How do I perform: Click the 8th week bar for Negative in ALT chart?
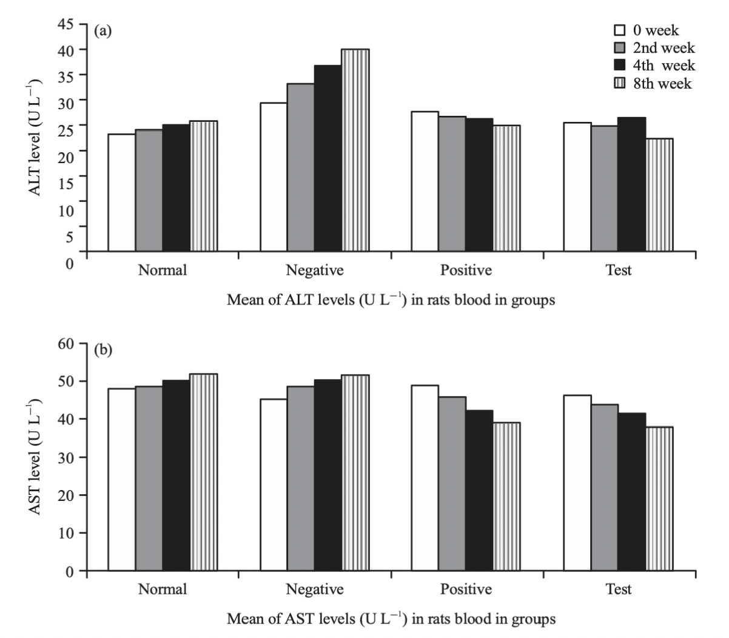[355, 150]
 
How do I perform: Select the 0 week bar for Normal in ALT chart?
[121, 192]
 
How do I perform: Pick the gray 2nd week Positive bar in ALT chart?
[452, 183]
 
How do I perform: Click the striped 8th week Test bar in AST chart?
[659, 499]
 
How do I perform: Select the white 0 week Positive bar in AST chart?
[425, 478]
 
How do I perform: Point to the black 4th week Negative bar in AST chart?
[328, 475]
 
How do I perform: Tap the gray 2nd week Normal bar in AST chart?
[149, 478]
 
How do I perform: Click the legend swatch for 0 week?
[620, 30]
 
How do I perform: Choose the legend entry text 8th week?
[662, 84]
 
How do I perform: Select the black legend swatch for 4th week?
[620, 65]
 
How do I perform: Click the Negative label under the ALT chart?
[314, 270]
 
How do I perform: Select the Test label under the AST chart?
[618, 589]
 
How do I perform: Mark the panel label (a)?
[102, 31]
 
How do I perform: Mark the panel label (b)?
[102, 351]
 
